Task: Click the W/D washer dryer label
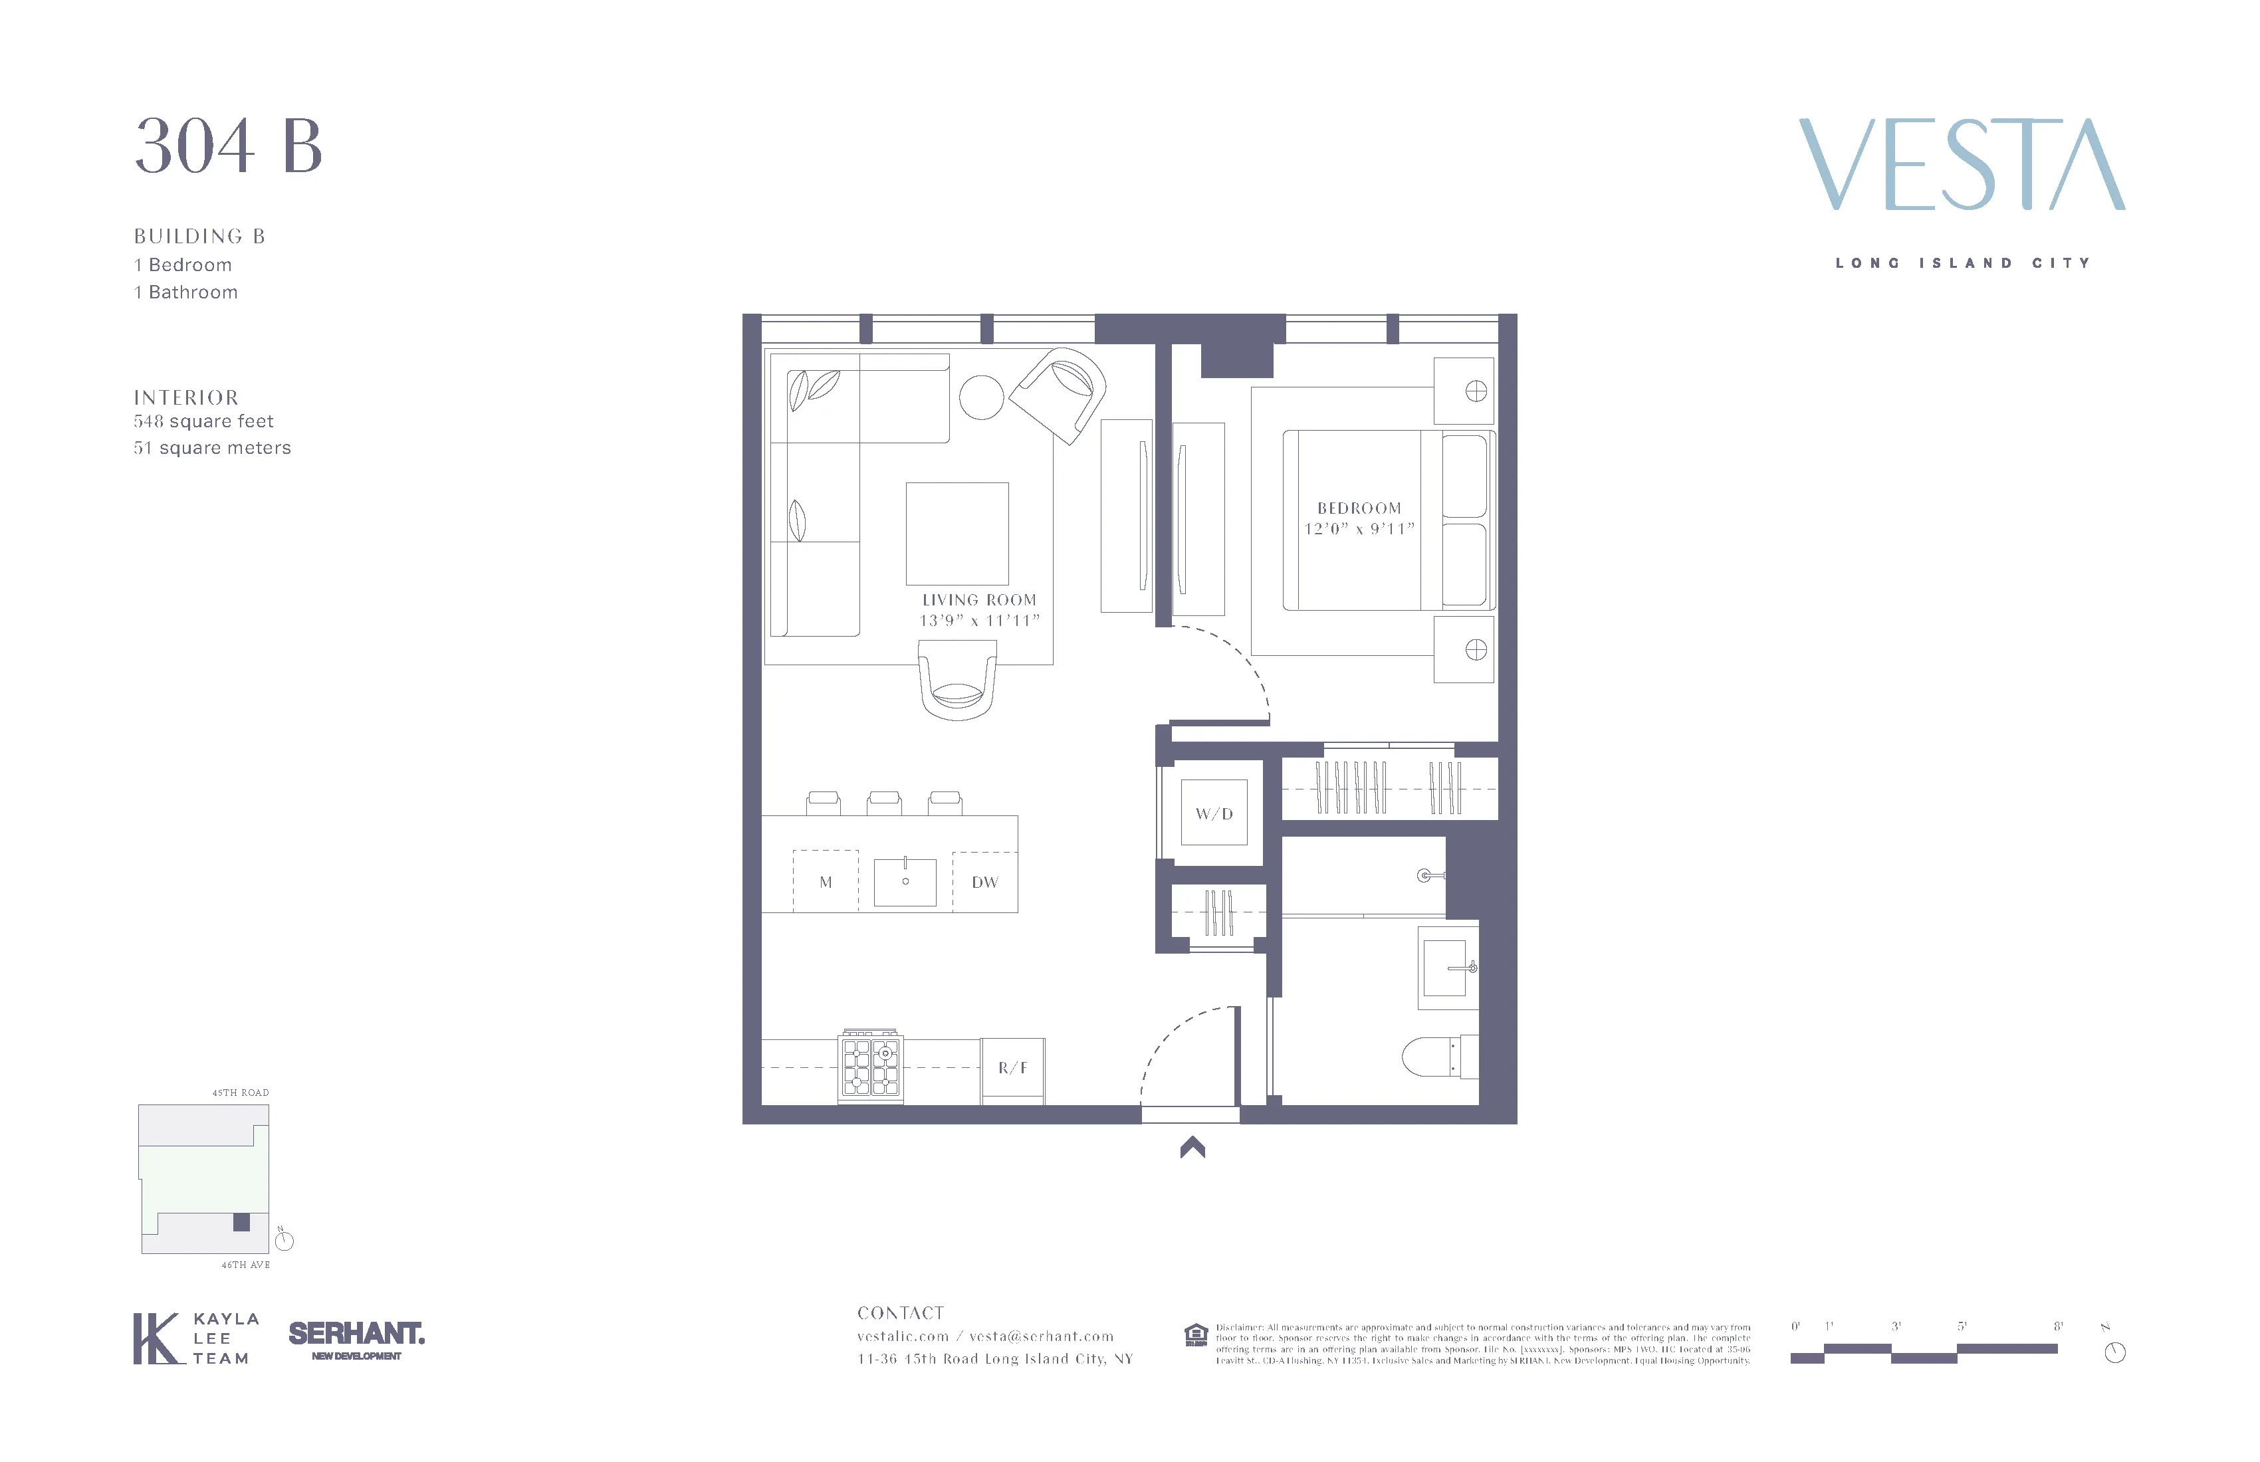point(1214,813)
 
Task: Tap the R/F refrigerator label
point(1012,1068)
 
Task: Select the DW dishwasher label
point(984,882)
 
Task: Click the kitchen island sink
point(905,882)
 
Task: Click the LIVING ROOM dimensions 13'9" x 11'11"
point(979,621)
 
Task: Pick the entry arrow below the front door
point(1192,1148)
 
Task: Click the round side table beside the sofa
point(982,397)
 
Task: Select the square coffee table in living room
point(957,534)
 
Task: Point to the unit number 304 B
point(228,147)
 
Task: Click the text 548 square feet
point(203,421)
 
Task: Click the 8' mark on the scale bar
point(2058,1326)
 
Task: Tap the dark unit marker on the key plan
point(242,1222)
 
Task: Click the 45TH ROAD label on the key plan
point(240,1093)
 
